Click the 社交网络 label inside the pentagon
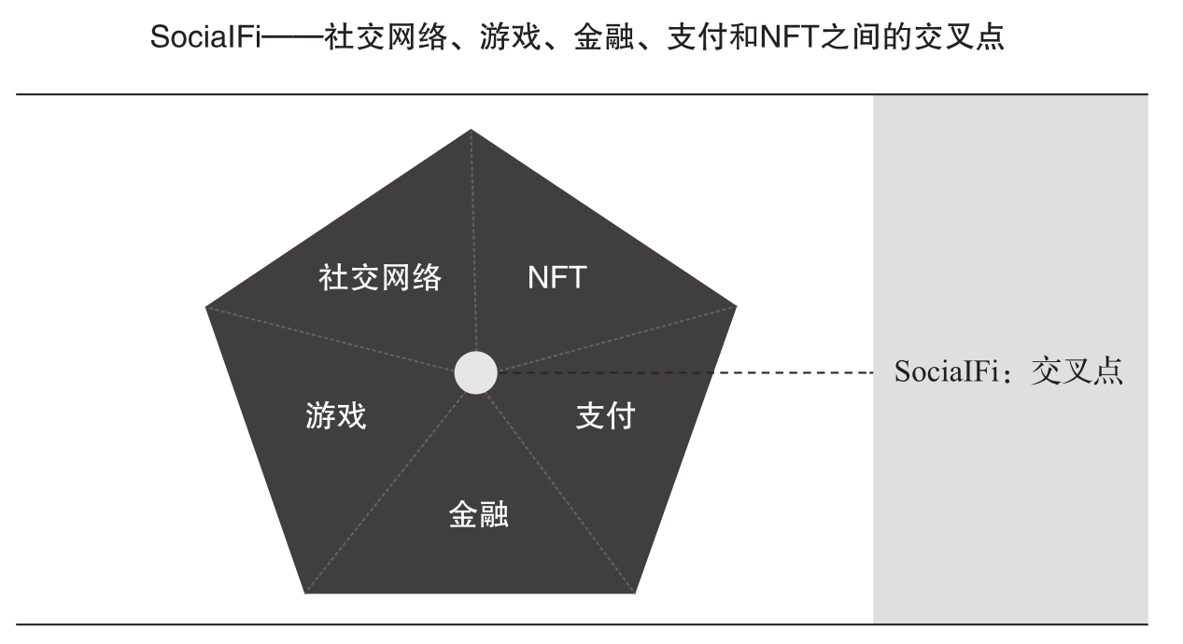tap(379, 277)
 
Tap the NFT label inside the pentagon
tap(556, 277)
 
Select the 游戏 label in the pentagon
tap(336, 415)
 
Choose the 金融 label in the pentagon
tap(479, 515)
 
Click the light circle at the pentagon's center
tap(476, 373)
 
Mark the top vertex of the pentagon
tap(472, 130)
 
